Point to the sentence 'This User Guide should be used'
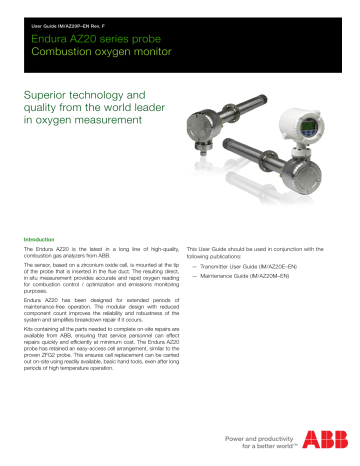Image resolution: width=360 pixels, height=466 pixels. coord(264,225)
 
